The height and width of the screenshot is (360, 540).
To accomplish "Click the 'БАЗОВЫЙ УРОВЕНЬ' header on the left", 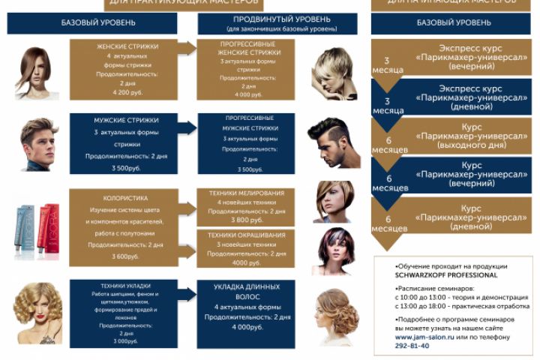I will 92,23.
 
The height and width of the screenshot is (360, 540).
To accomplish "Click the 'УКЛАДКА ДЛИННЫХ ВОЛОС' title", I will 247,292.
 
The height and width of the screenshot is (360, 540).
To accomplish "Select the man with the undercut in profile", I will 330,142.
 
